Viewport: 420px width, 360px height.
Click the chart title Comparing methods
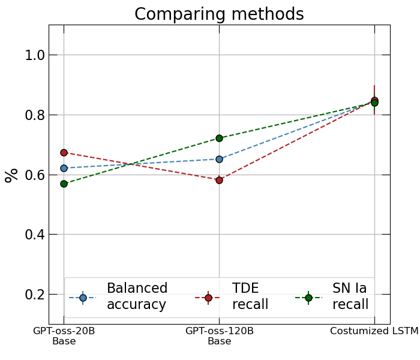[219, 14]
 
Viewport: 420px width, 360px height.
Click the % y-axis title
[11, 175]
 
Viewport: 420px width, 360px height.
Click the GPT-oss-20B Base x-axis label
[64, 336]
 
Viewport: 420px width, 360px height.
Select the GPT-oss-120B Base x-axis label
[219, 336]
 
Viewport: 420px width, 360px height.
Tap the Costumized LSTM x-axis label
[374, 331]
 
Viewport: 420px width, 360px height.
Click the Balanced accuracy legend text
[137, 296]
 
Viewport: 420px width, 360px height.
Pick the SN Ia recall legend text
[350, 296]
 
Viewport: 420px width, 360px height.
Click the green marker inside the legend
[308, 298]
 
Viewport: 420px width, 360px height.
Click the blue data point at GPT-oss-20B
[64, 168]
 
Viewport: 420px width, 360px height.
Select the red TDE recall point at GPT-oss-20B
[64, 153]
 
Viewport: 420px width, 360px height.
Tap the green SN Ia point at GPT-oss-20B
[64, 184]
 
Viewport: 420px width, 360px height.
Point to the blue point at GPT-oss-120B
[219, 159]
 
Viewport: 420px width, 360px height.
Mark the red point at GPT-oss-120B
[219, 180]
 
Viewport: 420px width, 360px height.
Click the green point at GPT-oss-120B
[219, 138]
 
